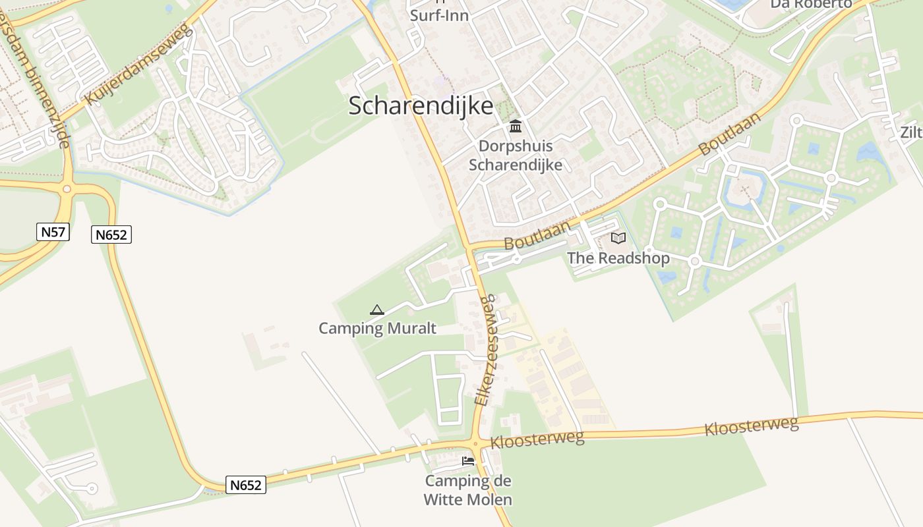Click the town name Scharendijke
pos(421,106)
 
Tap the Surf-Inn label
pos(440,14)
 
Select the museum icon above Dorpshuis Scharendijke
pos(516,126)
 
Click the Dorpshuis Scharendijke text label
pos(516,155)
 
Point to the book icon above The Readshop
pos(618,238)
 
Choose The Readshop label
pos(618,258)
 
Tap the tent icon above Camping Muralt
pos(377,310)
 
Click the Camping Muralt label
pos(377,328)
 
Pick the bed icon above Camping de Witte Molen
pos(468,461)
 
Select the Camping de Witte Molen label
pos(467,490)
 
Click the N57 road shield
pos(53,232)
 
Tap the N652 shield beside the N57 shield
pos(111,235)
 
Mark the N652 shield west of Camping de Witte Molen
pos(246,485)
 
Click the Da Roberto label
pos(811,4)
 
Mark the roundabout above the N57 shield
pos(67,190)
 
